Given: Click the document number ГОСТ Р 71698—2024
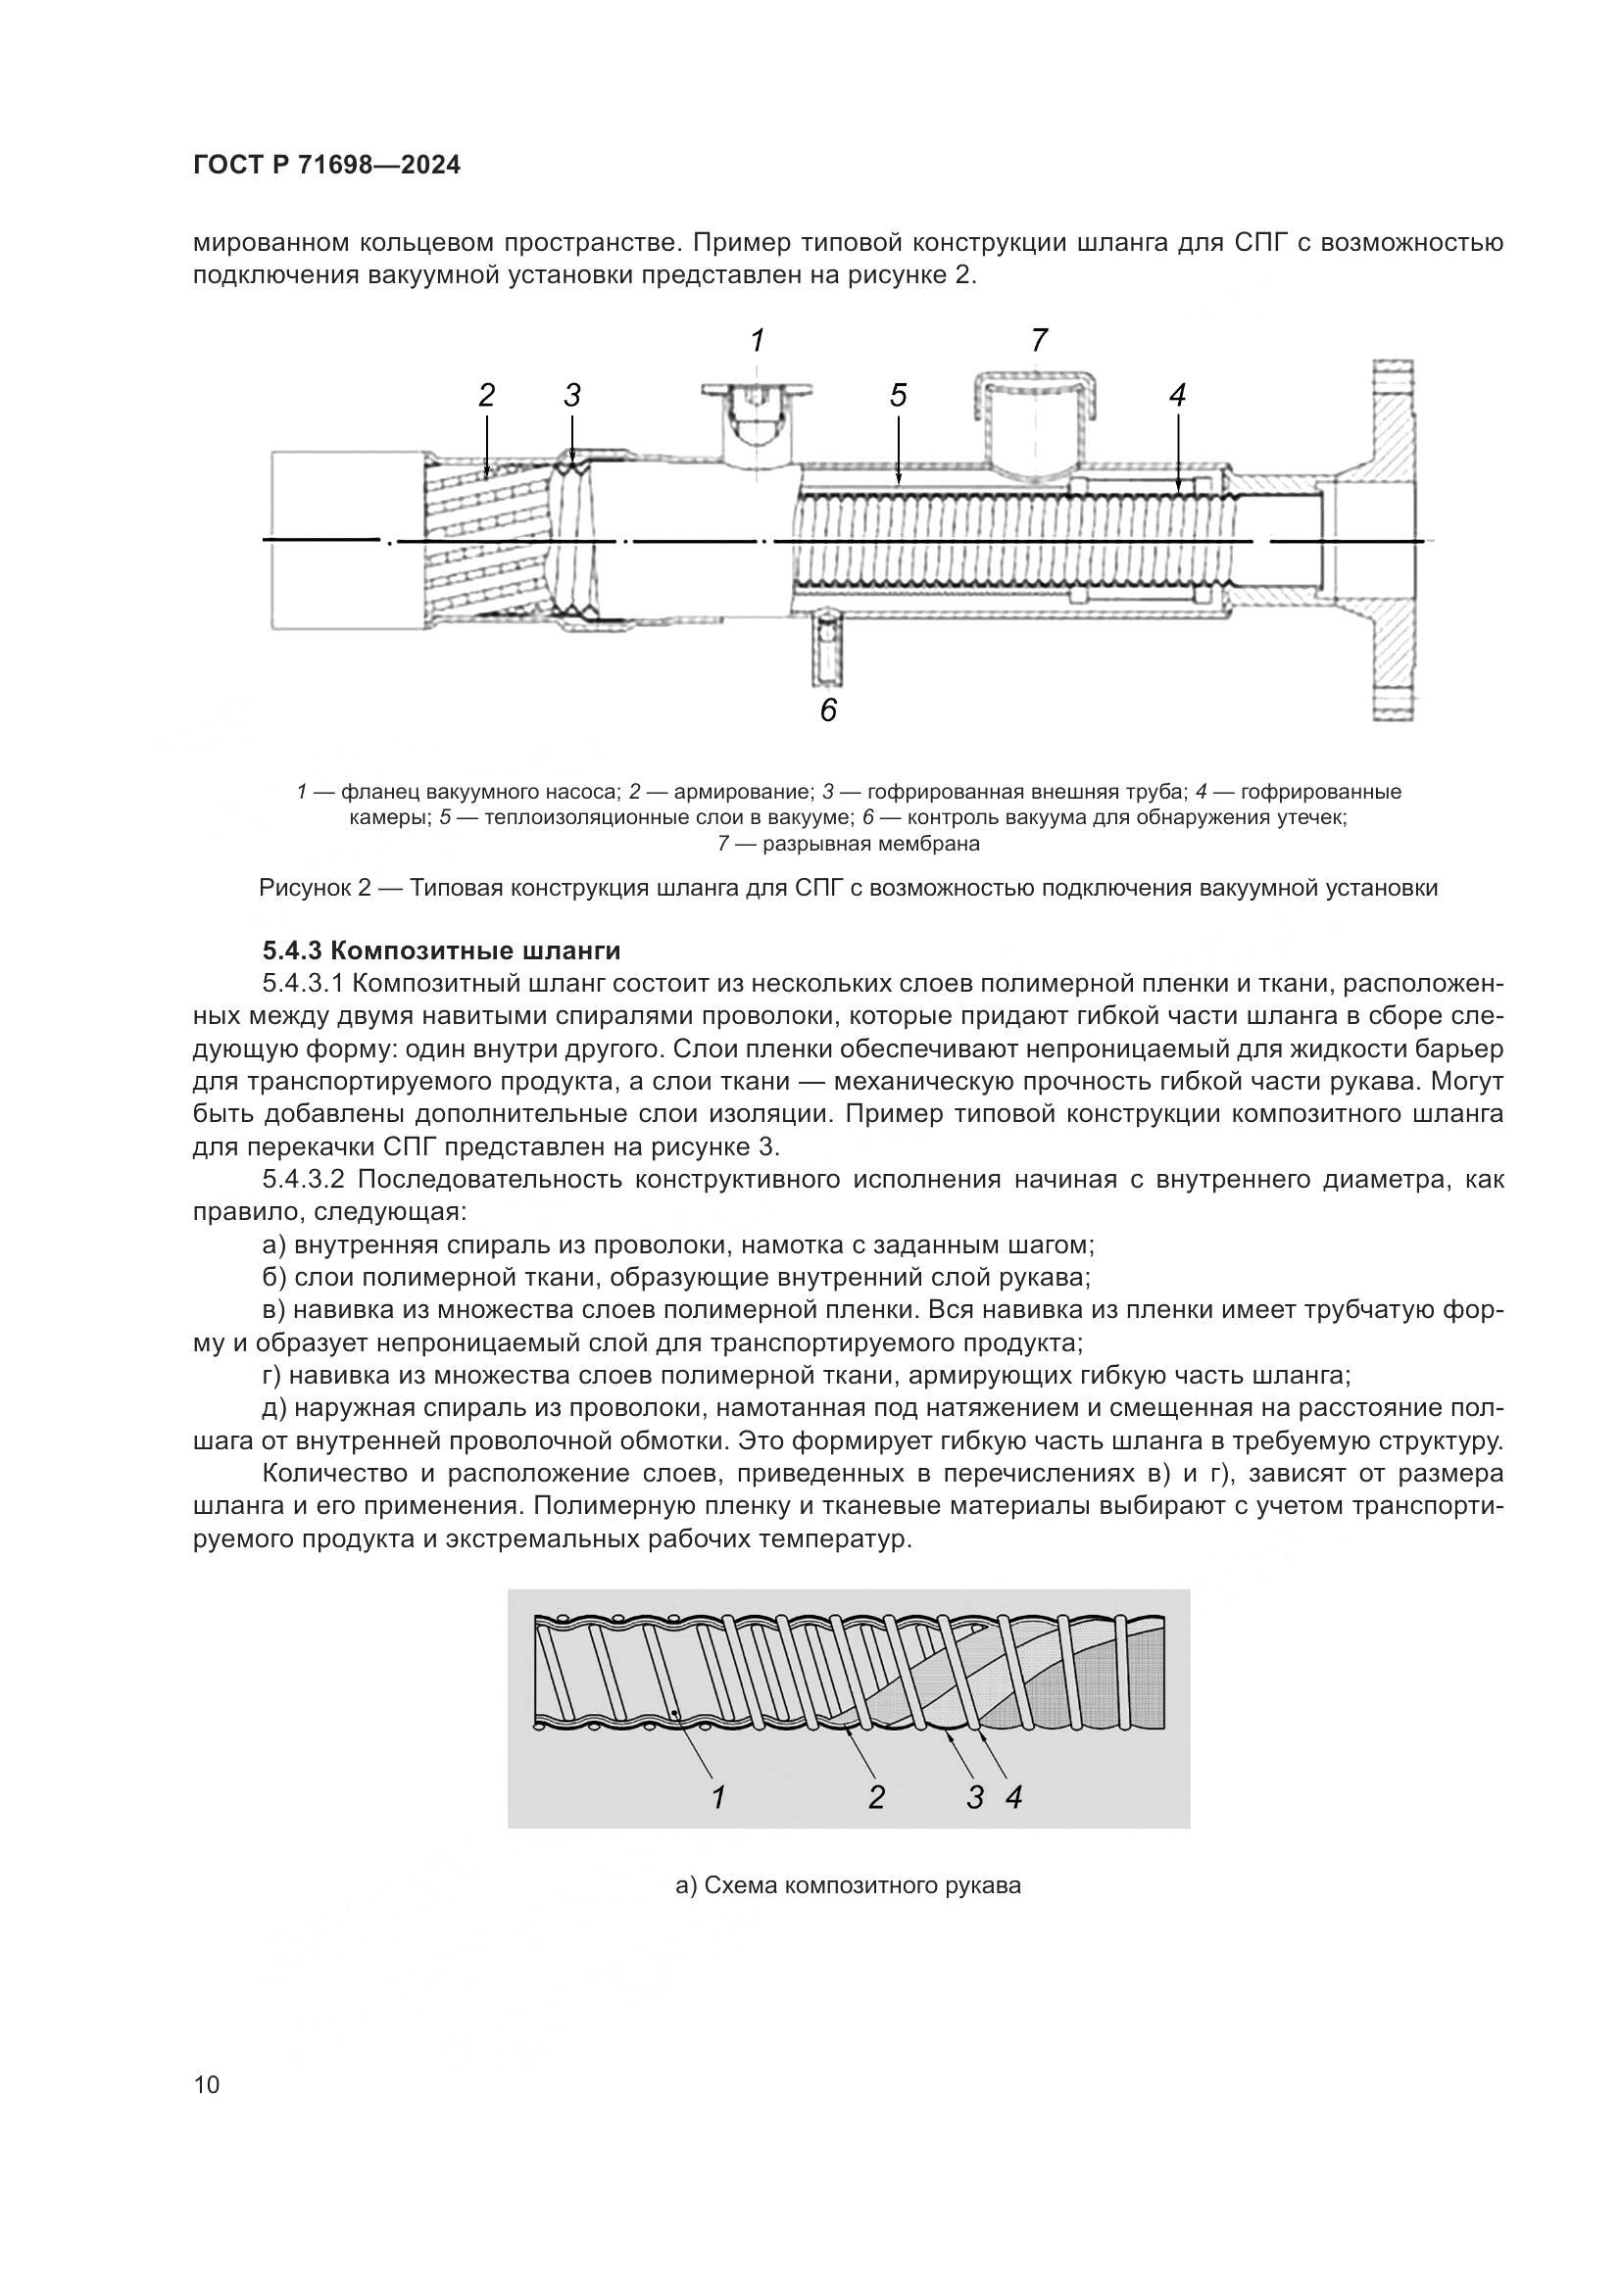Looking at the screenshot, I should pos(326,166).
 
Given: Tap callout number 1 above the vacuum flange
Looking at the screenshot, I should pos(758,341).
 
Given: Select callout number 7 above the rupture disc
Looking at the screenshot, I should pos(1039,341).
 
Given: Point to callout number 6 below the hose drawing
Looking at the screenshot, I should pos(828,710).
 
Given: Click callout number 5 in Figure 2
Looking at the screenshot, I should pos(899,396).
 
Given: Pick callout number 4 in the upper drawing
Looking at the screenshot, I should pos(1177,396).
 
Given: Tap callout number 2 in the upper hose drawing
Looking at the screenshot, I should pos(486,396).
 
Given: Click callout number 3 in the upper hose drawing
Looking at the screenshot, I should pos(572,396).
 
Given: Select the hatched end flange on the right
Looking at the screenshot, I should pos(1395,539).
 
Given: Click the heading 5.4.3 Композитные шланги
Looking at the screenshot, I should pos(441,950).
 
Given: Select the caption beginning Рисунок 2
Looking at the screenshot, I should pos(849,888).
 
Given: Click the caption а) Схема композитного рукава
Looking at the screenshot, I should pos(849,1885).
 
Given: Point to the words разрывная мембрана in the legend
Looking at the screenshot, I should pos(870,844).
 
